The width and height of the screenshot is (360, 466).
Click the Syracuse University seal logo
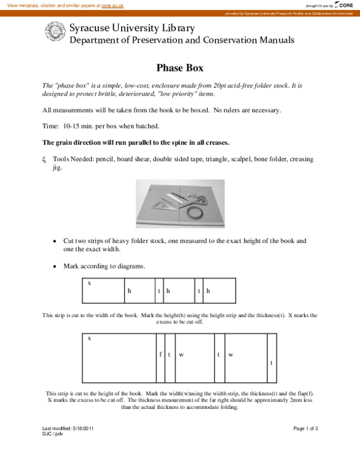55,33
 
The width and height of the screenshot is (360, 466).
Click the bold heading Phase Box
180,68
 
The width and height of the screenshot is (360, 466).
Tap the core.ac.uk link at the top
112,5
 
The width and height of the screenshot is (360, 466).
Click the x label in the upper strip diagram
89,282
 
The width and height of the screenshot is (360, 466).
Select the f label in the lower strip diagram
160,354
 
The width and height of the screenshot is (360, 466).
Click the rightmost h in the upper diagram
208,291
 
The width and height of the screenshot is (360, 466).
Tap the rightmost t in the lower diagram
271,363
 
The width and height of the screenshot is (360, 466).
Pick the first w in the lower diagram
181,354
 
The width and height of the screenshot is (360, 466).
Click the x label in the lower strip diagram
89,338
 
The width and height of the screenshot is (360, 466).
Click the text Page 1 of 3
305,428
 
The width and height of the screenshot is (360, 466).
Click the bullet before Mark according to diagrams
55,265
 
